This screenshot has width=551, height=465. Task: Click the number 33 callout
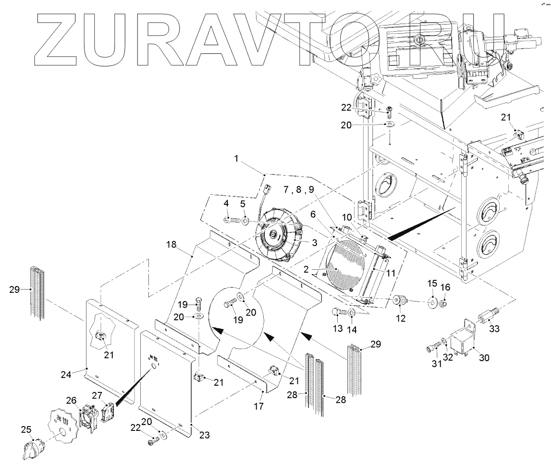click(x=494, y=329)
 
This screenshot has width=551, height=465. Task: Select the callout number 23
click(x=205, y=435)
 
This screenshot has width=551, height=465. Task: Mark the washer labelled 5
click(x=245, y=221)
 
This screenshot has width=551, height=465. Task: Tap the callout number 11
click(x=391, y=272)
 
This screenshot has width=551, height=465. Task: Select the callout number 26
click(x=71, y=400)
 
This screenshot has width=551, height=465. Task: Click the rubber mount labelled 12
click(x=400, y=302)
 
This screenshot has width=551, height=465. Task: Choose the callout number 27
click(x=98, y=395)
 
